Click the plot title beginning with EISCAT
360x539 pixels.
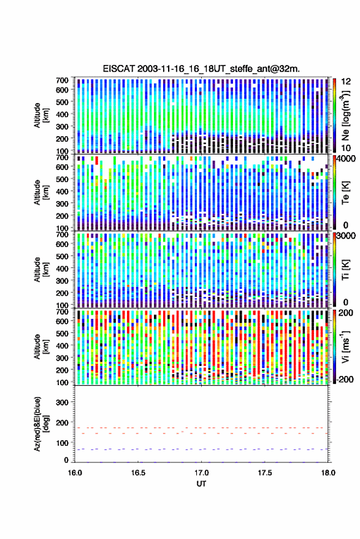click(201, 69)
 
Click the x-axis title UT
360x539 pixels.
click(201, 484)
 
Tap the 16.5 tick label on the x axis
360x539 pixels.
click(138, 473)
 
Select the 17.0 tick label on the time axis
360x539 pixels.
click(201, 473)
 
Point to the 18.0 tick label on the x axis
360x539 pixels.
click(328, 473)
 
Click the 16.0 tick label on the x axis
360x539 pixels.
click(75, 473)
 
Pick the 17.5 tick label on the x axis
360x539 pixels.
click(264, 473)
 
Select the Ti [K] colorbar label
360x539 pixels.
click(345, 270)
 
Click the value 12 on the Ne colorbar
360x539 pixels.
click(347, 82)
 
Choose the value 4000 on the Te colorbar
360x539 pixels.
click(347, 159)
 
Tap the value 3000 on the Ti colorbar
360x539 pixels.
click(347, 236)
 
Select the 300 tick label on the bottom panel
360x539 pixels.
click(62, 402)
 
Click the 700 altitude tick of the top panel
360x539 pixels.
click(62, 80)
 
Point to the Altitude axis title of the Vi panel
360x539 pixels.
click(40, 346)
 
